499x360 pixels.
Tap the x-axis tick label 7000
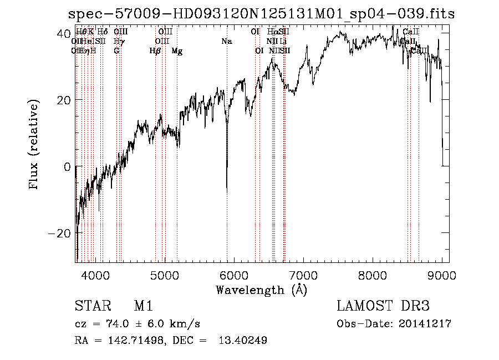pos(303,274)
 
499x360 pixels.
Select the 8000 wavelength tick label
pos(373,274)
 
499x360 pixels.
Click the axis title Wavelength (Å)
pos(261,290)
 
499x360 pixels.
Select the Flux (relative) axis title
pos(34,145)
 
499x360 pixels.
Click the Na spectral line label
pos(226,41)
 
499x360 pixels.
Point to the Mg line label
pos(177,51)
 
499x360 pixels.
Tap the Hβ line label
pos(155,51)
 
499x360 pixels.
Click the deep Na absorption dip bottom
pos(226,190)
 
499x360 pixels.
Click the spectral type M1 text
pos(143,306)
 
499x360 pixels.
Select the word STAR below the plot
pos(89,306)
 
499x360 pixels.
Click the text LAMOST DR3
pos(383,306)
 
